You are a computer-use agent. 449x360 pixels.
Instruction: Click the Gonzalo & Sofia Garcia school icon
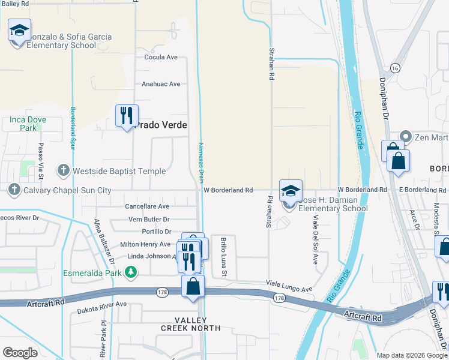19,30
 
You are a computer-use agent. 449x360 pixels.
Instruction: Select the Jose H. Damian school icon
291,191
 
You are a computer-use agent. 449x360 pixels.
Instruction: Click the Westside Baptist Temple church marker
64,171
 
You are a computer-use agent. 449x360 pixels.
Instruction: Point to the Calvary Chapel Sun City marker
14,190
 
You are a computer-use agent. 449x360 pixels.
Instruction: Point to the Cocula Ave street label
161,57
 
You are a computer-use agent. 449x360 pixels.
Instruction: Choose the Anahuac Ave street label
161,85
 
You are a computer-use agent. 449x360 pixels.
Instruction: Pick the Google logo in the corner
20,353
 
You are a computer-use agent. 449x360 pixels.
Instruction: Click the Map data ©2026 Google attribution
411,355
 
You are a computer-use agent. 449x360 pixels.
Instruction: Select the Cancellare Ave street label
147,206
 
